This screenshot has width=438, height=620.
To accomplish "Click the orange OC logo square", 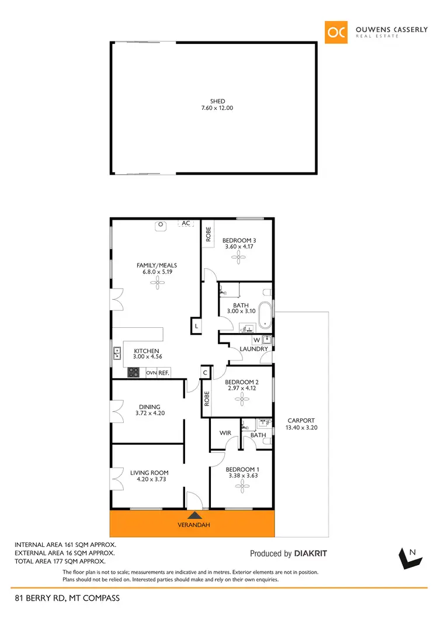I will pos(337,32).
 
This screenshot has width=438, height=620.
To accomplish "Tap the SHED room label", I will pos(217,101).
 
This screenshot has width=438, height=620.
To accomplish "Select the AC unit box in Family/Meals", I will pos(186,223).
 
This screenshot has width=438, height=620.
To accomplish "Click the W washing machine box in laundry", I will pos(256,340).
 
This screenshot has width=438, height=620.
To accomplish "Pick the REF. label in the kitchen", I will pos(164,373).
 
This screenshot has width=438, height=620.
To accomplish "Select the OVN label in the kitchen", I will pos(151,373).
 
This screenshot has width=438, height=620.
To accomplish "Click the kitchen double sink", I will pos(117,352).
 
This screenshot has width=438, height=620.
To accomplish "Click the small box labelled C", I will pos(206,372).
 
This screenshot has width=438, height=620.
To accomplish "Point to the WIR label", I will pos(225,434).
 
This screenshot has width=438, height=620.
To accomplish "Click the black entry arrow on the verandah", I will pos(194,515).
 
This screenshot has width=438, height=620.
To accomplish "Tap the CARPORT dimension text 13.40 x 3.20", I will pos(301,428).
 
